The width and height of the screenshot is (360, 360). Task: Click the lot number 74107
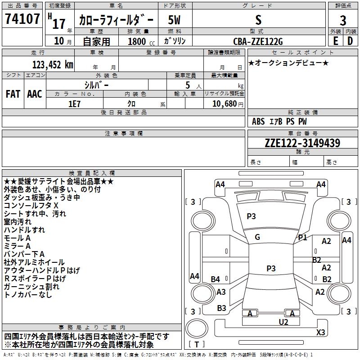pyautogui.click(x=22, y=18)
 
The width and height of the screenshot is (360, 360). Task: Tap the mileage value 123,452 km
pyautogui.click(x=53, y=65)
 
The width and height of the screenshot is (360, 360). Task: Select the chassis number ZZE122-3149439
pyautogui.click(x=302, y=143)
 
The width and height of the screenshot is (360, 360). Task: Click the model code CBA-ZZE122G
pyautogui.click(x=258, y=41)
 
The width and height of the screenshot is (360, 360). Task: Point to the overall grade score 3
pyautogui.click(x=343, y=20)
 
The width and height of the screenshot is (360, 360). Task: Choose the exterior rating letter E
pyautogui.click(x=335, y=41)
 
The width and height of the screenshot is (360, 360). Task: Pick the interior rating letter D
pyautogui.click(x=350, y=41)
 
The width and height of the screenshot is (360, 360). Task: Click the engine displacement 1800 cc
pyautogui.click(x=141, y=41)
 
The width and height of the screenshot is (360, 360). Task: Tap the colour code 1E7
pyautogui.click(x=74, y=104)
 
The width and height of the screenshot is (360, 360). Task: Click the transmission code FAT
pyautogui.click(x=13, y=94)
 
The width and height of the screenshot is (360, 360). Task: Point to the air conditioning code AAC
pyautogui.click(x=35, y=94)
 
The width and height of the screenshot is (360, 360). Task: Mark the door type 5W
pyautogui.click(x=174, y=20)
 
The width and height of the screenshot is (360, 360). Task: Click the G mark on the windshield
pyautogui.click(x=257, y=237)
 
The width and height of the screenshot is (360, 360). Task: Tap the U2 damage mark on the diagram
pyautogui.click(x=283, y=322)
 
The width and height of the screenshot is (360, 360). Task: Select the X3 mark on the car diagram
pyautogui.click(x=320, y=332)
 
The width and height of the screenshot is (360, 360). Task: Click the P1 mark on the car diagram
pyautogui.click(x=302, y=238)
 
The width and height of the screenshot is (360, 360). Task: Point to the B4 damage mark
pyautogui.click(x=215, y=279)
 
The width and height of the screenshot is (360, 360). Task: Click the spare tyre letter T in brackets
pyautogui.click(x=197, y=344)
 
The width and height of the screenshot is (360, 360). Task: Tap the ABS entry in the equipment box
pyautogui.click(x=258, y=121)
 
